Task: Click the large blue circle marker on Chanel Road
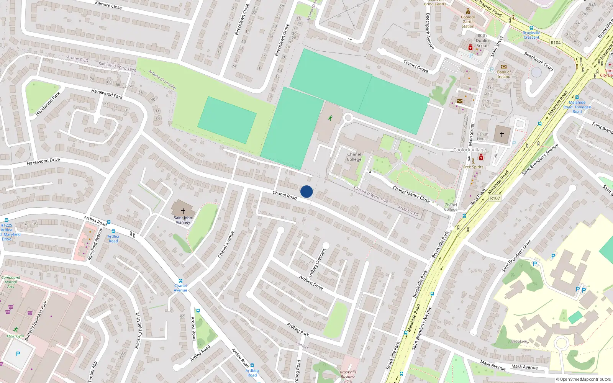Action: pyautogui.click(x=306, y=191)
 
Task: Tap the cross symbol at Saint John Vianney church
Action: pyautogui.click(x=183, y=211)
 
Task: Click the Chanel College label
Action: pyautogui.click(x=354, y=157)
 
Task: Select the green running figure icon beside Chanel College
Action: pyautogui.click(x=330, y=118)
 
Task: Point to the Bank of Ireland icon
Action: pyautogui.click(x=504, y=67)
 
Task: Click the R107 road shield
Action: pyautogui.click(x=495, y=198)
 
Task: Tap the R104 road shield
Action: pyautogui.click(x=556, y=43)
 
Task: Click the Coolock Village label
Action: pyautogui.click(x=470, y=150)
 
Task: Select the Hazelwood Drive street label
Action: pyautogui.click(x=43, y=162)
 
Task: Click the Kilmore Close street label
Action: pyautogui.click(x=108, y=5)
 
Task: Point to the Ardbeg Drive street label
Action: pyautogui.click(x=311, y=283)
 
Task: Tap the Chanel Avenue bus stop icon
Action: pyautogui.click(x=180, y=281)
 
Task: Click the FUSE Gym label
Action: pyautogui.click(x=15, y=336)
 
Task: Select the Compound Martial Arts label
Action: pyautogui.click(x=11, y=282)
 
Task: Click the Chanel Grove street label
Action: pyautogui.click(x=416, y=66)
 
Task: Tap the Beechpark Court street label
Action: pyautogui.click(x=539, y=61)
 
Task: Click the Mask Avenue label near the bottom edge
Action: pyautogui.click(x=524, y=367)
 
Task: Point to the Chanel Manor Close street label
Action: pyautogui.click(x=411, y=194)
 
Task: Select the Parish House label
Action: pyautogui.click(x=483, y=136)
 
